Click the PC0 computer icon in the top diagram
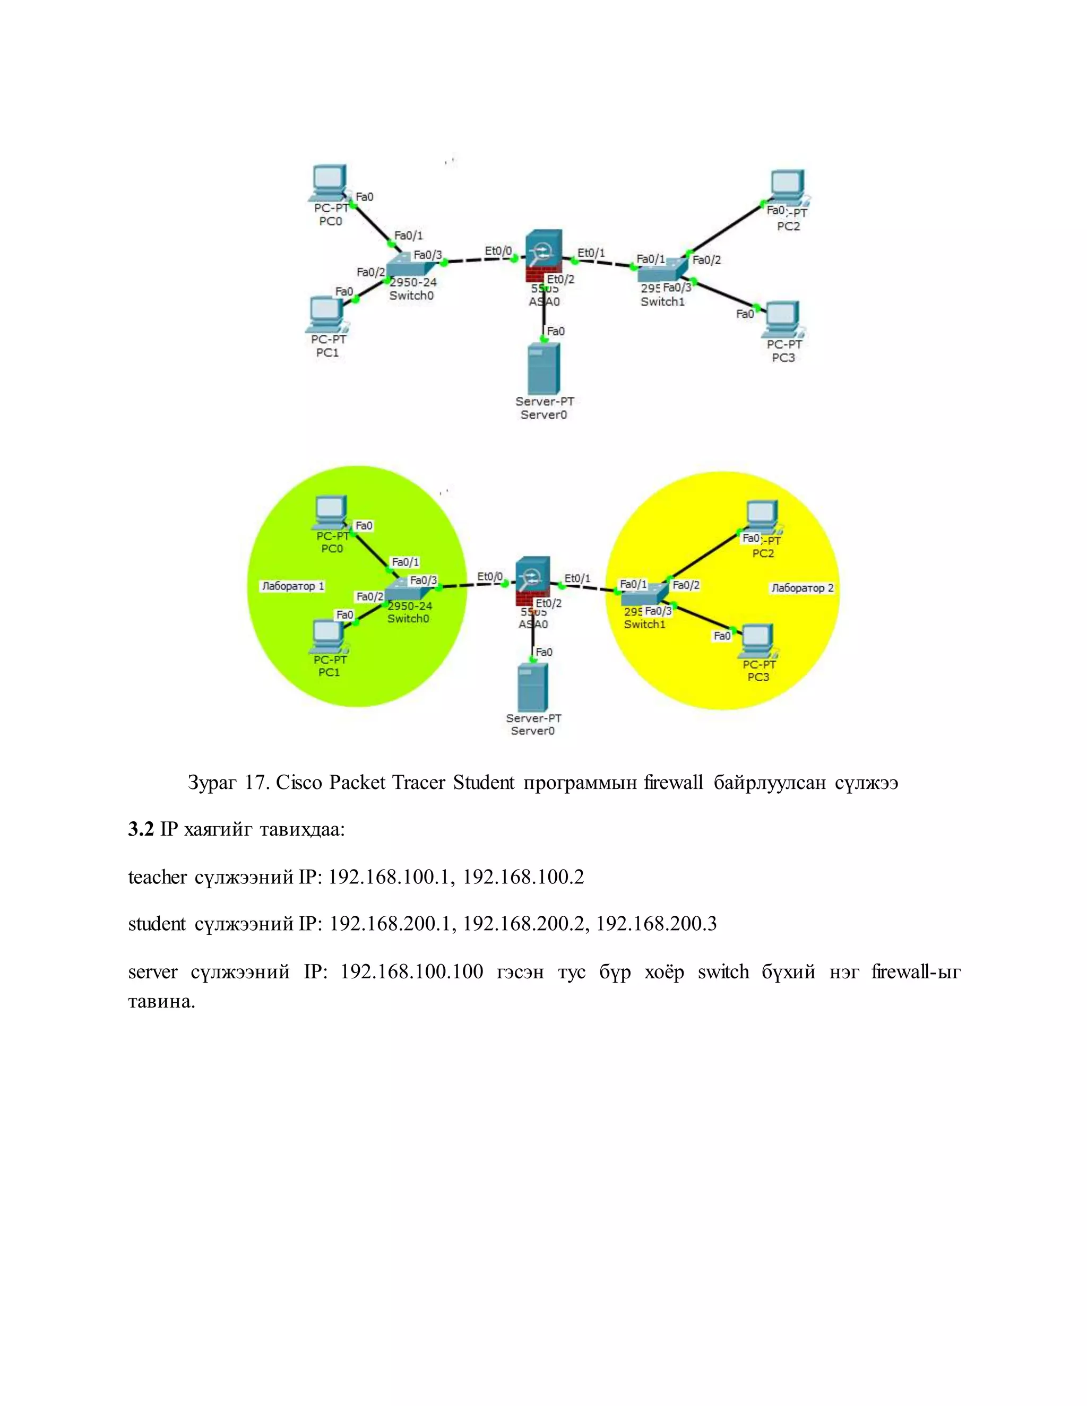329,182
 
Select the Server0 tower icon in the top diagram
543,368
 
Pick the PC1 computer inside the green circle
329,636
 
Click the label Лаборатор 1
293,586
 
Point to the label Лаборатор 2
802,588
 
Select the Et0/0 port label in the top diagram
498,250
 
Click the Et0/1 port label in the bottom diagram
577,578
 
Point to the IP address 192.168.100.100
411,971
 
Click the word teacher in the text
157,877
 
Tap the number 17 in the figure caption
254,782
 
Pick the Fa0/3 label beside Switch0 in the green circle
423,580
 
